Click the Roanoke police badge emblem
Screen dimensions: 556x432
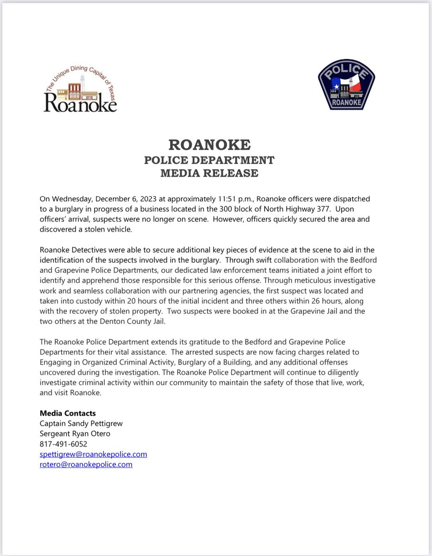click(346, 84)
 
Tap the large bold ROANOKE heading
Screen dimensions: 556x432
click(210, 145)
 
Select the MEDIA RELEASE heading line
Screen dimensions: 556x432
click(209, 173)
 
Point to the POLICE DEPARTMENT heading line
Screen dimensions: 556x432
click(209, 160)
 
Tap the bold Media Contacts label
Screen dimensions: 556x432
click(68, 413)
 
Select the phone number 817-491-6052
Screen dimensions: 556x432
click(64, 444)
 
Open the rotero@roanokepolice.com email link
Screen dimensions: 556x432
click(86, 464)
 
